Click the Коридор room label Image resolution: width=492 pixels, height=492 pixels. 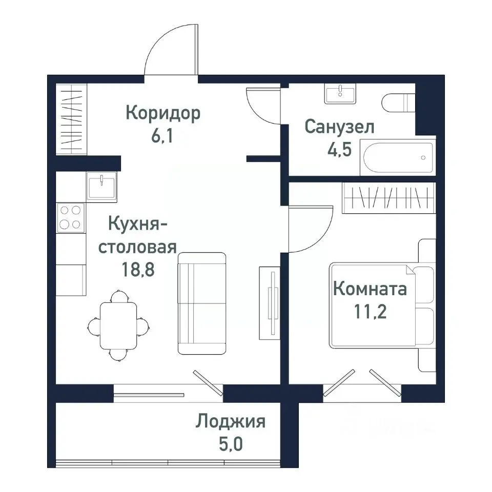tap(163, 113)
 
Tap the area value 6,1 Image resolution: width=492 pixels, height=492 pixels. tap(162, 138)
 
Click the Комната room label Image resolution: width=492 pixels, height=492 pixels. tap(370, 289)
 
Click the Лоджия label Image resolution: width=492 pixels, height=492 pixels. tap(230, 422)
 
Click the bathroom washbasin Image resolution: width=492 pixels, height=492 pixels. tap(340, 94)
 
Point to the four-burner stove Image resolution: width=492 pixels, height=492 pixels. tap(71, 216)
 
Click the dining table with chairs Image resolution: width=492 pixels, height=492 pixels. tap(118, 325)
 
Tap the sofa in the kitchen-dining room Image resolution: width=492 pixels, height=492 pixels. tap(201, 303)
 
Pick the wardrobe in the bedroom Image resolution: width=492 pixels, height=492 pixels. tap(388, 197)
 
